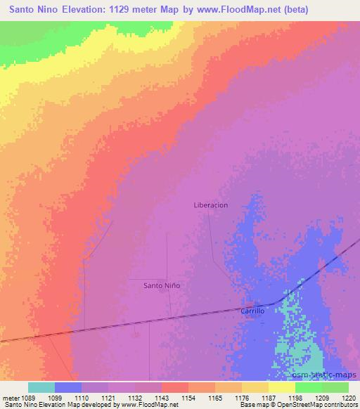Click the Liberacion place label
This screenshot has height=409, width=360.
211,205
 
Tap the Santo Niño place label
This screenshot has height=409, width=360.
162,285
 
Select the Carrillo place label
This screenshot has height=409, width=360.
252,311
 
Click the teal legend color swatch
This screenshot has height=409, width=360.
41,387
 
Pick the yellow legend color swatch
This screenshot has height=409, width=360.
282,387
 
